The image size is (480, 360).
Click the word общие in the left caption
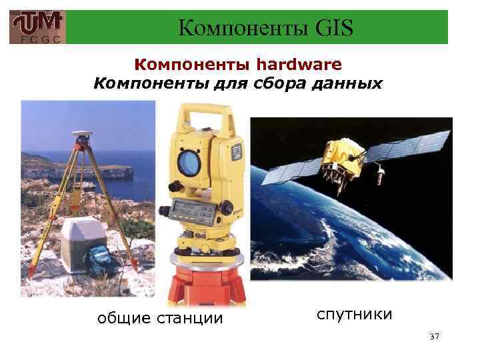[x=122, y=318]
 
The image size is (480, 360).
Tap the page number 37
[x=435, y=338]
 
